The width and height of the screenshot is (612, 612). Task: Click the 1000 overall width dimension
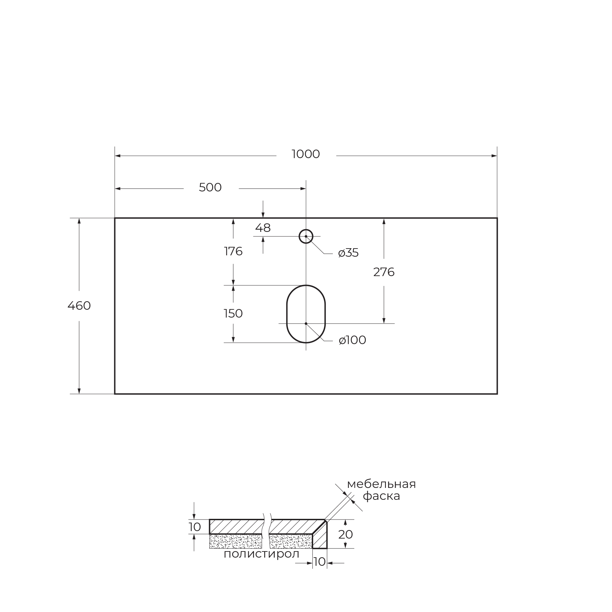click(306, 154)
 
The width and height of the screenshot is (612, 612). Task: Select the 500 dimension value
click(210, 188)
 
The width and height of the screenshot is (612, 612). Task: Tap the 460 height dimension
click(79, 306)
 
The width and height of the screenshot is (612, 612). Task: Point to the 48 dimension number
click(263, 228)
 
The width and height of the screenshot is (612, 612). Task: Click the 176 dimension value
click(233, 252)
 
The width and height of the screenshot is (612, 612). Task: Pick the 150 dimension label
click(233, 313)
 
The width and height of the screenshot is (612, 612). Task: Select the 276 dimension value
click(384, 272)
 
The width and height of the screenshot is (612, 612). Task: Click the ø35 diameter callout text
click(348, 253)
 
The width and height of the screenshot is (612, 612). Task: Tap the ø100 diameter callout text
click(352, 340)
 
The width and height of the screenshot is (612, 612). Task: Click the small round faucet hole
click(306, 236)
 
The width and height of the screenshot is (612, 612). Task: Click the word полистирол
click(261, 554)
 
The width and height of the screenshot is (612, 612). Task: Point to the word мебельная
click(381, 484)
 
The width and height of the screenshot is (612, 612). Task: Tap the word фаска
click(381, 496)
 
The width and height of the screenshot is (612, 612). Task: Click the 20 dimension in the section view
click(345, 535)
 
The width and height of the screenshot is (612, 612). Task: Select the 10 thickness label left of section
click(195, 527)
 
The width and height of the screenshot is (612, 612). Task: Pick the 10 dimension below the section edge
click(320, 562)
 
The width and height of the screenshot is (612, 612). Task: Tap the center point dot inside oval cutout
click(306, 324)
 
